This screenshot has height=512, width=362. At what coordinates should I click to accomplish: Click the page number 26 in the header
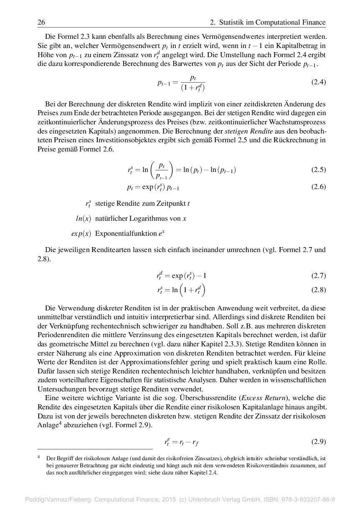click(41, 22)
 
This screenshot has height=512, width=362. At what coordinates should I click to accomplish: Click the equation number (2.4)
click(319, 82)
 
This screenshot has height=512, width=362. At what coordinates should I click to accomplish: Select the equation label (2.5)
click(319, 170)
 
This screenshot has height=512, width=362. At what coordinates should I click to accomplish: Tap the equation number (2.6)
click(319, 187)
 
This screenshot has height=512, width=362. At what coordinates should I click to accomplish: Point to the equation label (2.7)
click(319, 275)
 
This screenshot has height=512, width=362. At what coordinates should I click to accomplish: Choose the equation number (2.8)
click(319, 290)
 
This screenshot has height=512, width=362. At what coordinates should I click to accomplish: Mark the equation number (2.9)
click(319, 441)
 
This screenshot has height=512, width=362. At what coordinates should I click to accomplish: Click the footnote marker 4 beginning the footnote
click(39, 457)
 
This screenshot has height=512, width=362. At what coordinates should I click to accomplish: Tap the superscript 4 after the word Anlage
click(59, 424)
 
